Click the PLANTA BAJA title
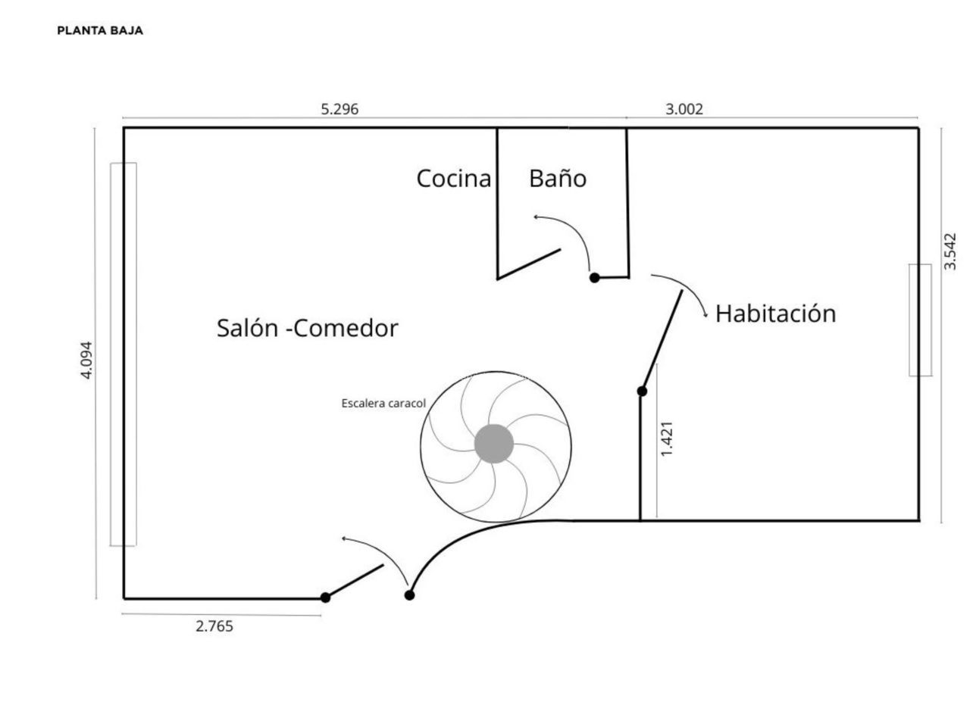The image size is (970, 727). (x=100, y=31)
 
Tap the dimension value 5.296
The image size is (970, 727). (x=339, y=109)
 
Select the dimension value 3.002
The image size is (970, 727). (x=684, y=109)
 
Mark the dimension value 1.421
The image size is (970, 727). (x=667, y=438)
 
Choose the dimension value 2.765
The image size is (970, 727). (x=214, y=626)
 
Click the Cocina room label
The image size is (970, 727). (x=454, y=179)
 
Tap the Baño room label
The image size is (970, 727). (x=558, y=179)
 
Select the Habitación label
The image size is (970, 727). (x=775, y=314)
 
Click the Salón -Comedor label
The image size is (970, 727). (x=307, y=328)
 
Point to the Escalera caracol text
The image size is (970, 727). (x=383, y=404)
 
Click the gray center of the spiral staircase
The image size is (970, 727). (x=494, y=444)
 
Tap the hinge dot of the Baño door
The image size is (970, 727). (x=595, y=278)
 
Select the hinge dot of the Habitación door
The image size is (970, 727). (x=642, y=392)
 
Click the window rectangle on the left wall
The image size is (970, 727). (x=124, y=354)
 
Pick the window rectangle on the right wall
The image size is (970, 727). (x=920, y=320)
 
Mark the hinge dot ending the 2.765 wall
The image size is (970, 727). (x=326, y=598)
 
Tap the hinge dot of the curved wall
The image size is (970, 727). (x=410, y=595)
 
